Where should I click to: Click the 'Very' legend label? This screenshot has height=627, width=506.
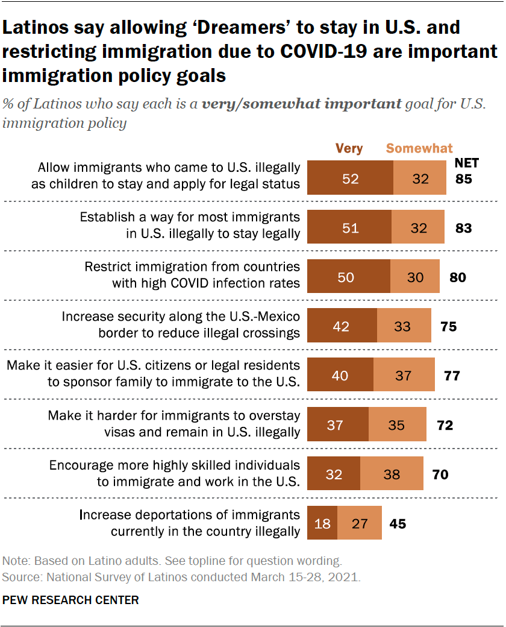(349, 148)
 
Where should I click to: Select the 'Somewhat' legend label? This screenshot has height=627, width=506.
(419, 148)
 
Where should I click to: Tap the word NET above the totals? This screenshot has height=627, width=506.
(466, 163)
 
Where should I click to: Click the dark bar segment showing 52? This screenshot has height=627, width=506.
(350, 178)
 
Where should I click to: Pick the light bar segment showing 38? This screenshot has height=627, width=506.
(392, 474)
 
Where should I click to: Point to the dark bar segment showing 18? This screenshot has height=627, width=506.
(322, 523)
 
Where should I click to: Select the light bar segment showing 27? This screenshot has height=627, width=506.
(360, 523)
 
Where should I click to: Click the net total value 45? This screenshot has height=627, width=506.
(398, 523)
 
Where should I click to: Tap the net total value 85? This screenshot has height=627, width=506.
(463, 179)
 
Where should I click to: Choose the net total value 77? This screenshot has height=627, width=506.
(452, 376)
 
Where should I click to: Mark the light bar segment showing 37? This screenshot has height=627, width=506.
(404, 376)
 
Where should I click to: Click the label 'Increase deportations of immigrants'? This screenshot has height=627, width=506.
(190, 515)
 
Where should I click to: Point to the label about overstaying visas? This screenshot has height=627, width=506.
(173, 424)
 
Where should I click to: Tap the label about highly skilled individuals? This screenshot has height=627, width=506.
(174, 473)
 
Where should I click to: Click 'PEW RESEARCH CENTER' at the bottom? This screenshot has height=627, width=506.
(71, 600)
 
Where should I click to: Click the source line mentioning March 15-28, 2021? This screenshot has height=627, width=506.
(182, 577)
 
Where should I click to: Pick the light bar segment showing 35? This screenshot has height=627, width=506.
(397, 425)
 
